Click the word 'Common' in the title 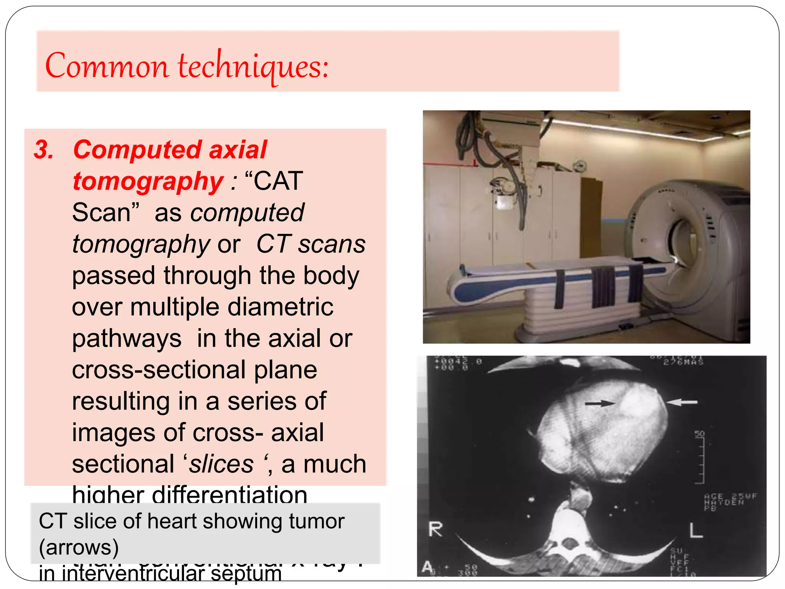click(x=107, y=66)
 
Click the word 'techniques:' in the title click(x=253, y=66)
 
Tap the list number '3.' click(x=44, y=150)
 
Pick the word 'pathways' click(x=126, y=339)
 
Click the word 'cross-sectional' click(x=158, y=370)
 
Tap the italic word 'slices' click(x=221, y=464)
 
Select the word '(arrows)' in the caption click(x=79, y=547)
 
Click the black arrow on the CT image click(x=599, y=403)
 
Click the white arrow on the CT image click(x=682, y=402)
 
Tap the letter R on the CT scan click(x=435, y=530)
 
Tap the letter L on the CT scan click(x=696, y=531)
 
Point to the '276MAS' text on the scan click(x=683, y=362)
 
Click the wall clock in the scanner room click(x=579, y=166)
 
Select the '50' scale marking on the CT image click(x=700, y=434)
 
